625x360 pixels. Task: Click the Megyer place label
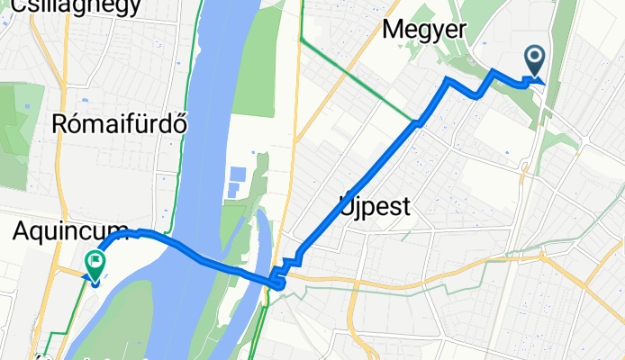tap(424, 30)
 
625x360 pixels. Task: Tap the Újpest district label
tap(376, 207)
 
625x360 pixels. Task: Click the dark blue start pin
tap(534, 61)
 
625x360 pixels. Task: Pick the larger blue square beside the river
tap(238, 173)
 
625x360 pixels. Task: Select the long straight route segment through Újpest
tap(360, 180)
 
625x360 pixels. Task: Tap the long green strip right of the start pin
tap(563, 54)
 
